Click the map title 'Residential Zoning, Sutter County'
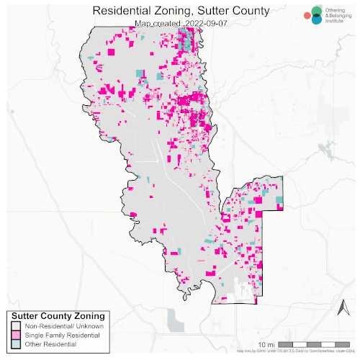[x=181, y=11]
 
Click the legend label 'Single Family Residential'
[x=60, y=336]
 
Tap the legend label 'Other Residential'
[x=50, y=346]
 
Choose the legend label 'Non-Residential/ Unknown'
[x=63, y=327]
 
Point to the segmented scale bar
[x=314, y=342]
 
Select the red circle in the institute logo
[x=307, y=14]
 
